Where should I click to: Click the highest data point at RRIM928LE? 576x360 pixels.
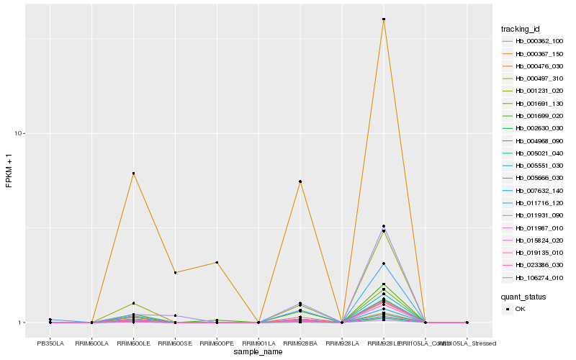384,19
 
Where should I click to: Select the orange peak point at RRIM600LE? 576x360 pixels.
134,174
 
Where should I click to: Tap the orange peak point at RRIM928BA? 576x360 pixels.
300,181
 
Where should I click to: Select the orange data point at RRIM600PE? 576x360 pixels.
217,262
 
